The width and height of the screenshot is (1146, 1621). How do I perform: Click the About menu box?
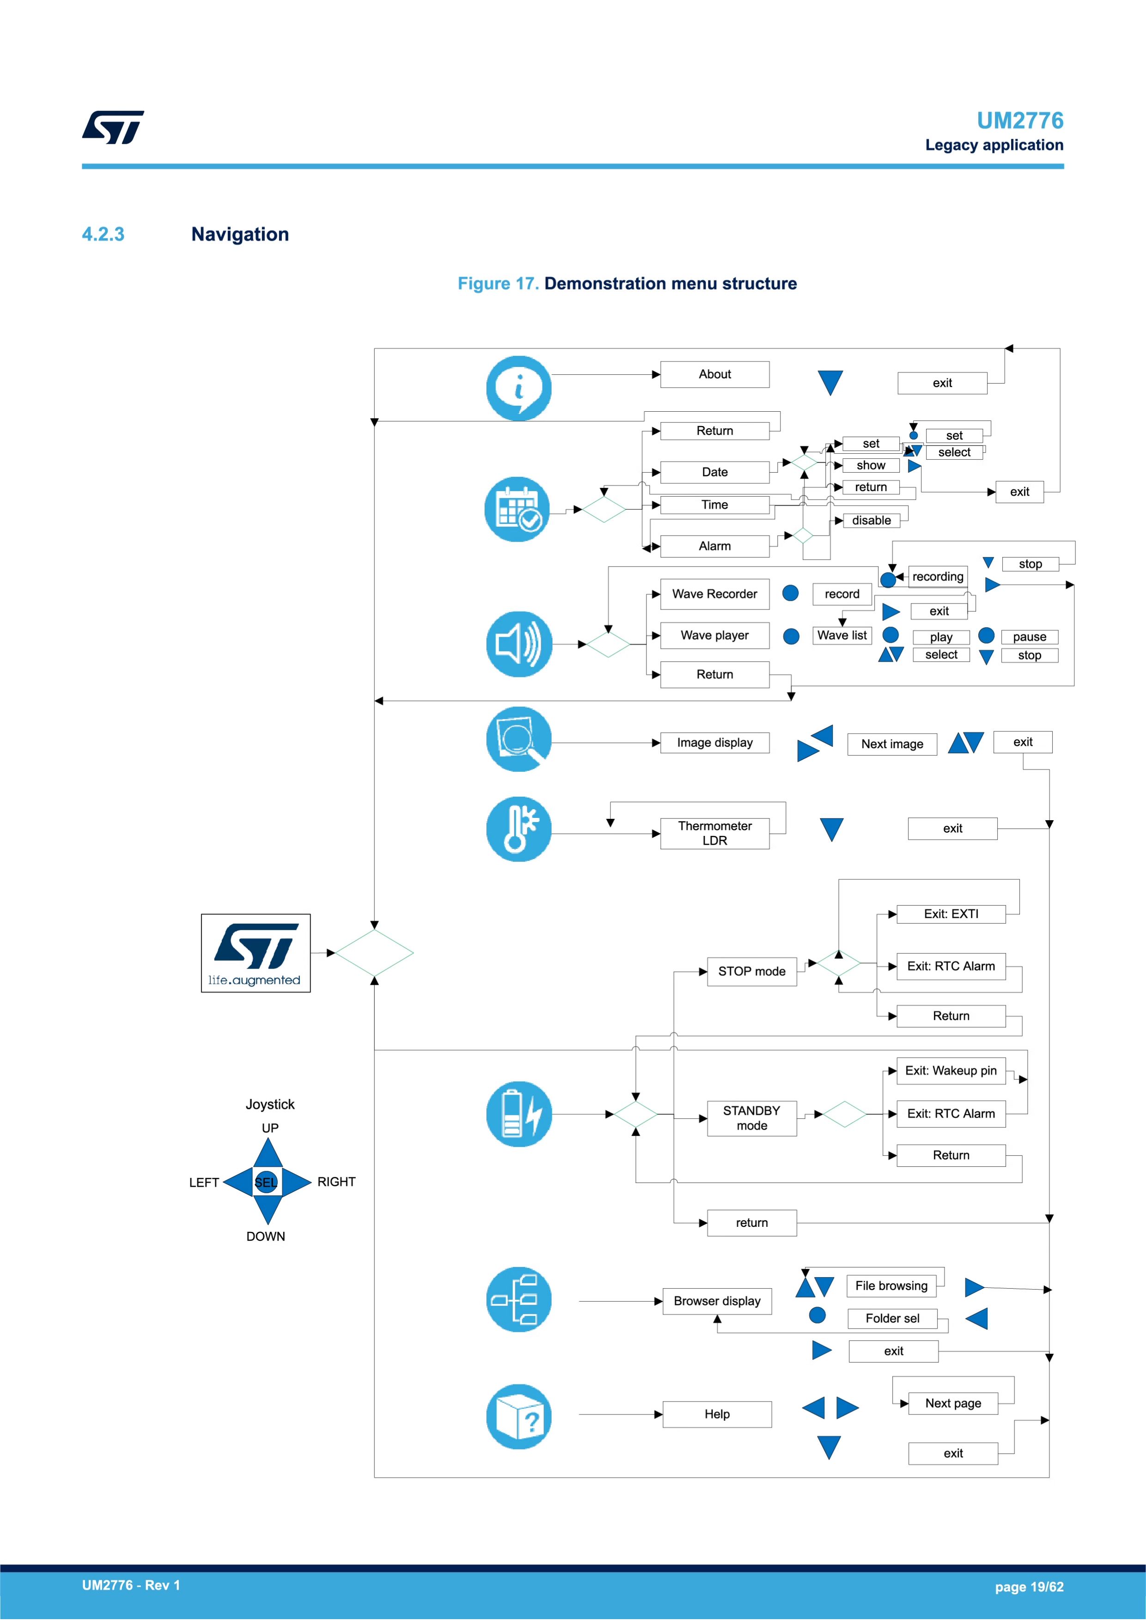[x=714, y=374]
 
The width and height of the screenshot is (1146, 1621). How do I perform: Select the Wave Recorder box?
[x=714, y=594]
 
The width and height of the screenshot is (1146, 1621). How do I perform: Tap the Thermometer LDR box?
[x=714, y=833]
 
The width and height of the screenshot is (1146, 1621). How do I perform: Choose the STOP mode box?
[x=752, y=971]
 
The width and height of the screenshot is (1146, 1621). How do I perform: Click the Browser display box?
[x=717, y=1301]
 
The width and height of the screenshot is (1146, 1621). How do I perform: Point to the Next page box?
[x=953, y=1403]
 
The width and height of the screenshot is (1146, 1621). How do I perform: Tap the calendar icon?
[x=518, y=509]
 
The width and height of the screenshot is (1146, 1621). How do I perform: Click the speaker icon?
[x=519, y=644]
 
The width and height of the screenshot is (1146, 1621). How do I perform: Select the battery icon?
[x=519, y=1114]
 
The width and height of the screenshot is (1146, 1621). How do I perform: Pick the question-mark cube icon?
[x=519, y=1417]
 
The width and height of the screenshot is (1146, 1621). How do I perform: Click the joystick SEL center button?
[x=266, y=1182]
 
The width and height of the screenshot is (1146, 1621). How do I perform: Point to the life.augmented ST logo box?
[x=256, y=953]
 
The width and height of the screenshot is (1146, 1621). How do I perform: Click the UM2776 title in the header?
[x=1019, y=121]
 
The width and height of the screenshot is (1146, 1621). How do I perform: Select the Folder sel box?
[x=892, y=1319]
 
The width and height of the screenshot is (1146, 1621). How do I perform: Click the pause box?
[x=1030, y=637]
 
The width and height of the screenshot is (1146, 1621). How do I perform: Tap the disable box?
[x=872, y=520]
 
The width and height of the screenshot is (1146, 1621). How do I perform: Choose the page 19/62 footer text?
[x=1029, y=1587]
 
